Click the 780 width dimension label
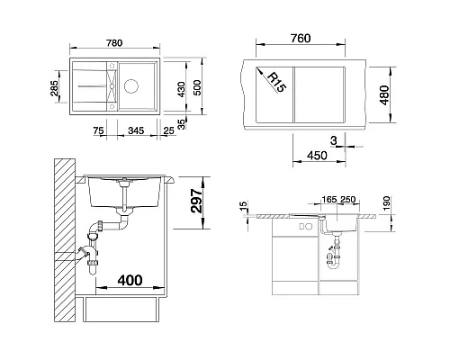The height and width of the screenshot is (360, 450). click(114, 43)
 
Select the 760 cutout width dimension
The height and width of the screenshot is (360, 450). click(301, 39)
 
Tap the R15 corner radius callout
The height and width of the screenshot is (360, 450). click(276, 82)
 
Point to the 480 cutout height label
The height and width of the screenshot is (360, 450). click(384, 94)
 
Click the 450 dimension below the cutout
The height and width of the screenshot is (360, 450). click(317, 156)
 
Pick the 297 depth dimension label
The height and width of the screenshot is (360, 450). click(197, 201)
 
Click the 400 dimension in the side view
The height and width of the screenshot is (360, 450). click(130, 280)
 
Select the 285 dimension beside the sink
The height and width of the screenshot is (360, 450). click(55, 88)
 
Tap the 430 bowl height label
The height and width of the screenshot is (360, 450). click(181, 89)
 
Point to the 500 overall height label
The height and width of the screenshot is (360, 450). click(197, 87)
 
